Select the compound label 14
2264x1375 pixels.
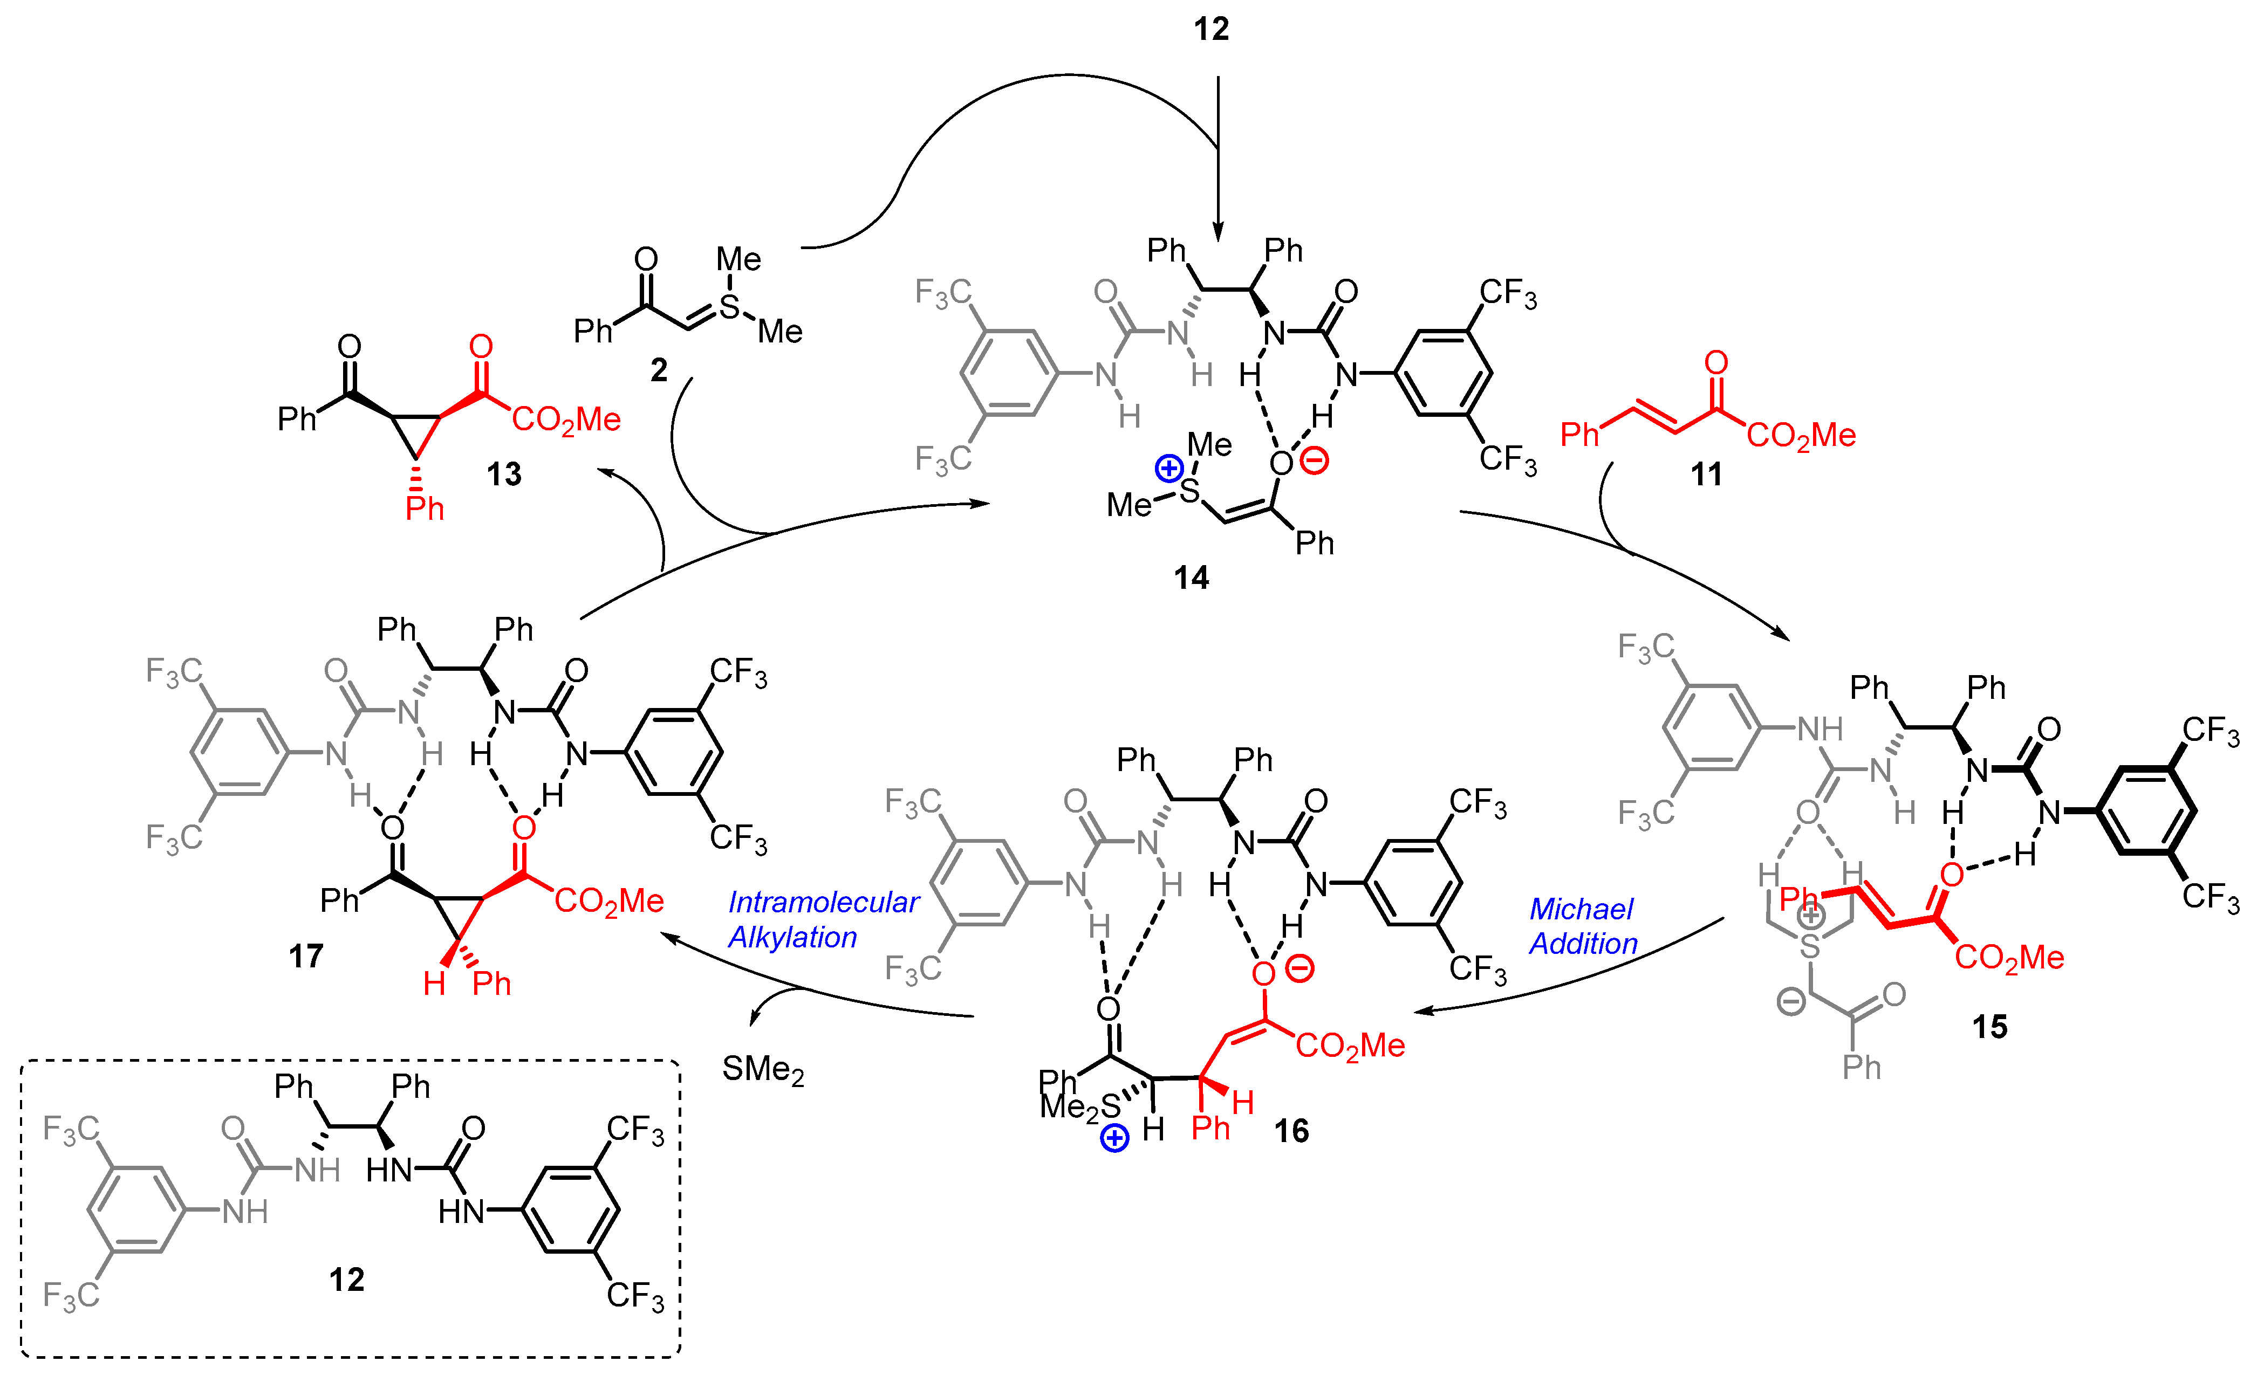click(x=1191, y=577)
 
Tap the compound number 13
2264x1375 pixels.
click(x=503, y=475)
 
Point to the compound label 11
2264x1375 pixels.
click(x=1706, y=475)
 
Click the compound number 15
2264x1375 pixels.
click(x=1989, y=1027)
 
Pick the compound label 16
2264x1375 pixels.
click(x=1291, y=1131)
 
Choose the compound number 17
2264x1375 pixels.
click(x=306, y=956)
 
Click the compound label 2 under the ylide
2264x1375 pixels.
click(x=659, y=370)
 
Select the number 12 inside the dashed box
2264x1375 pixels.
click(x=346, y=1280)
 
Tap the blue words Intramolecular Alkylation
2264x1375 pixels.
click(x=822, y=919)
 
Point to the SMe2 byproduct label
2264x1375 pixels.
click(x=763, y=1069)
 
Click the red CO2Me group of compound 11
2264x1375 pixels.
click(x=1801, y=435)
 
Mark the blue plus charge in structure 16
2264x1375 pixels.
click(x=1114, y=1139)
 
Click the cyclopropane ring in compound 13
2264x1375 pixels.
click(x=416, y=432)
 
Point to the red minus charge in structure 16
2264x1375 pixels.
click(x=1299, y=968)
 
